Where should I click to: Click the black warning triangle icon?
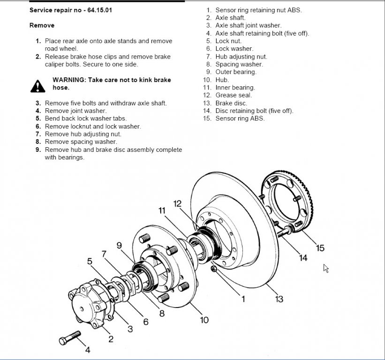click(37, 85)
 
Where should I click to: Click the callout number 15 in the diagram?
click(320, 248)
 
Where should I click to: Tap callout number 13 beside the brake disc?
click(279, 299)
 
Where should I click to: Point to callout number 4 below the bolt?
click(87, 350)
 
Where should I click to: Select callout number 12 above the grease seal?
click(177, 203)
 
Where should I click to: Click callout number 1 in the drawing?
click(243, 299)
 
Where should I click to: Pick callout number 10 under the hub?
click(204, 320)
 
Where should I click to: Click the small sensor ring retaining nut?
click(213, 269)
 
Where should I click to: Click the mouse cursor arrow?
click(326, 268)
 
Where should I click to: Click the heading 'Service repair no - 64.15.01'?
click(71, 10)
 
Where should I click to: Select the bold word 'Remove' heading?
click(42, 25)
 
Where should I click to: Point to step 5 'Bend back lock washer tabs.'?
click(86, 119)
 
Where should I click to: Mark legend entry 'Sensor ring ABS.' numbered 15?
click(240, 119)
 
